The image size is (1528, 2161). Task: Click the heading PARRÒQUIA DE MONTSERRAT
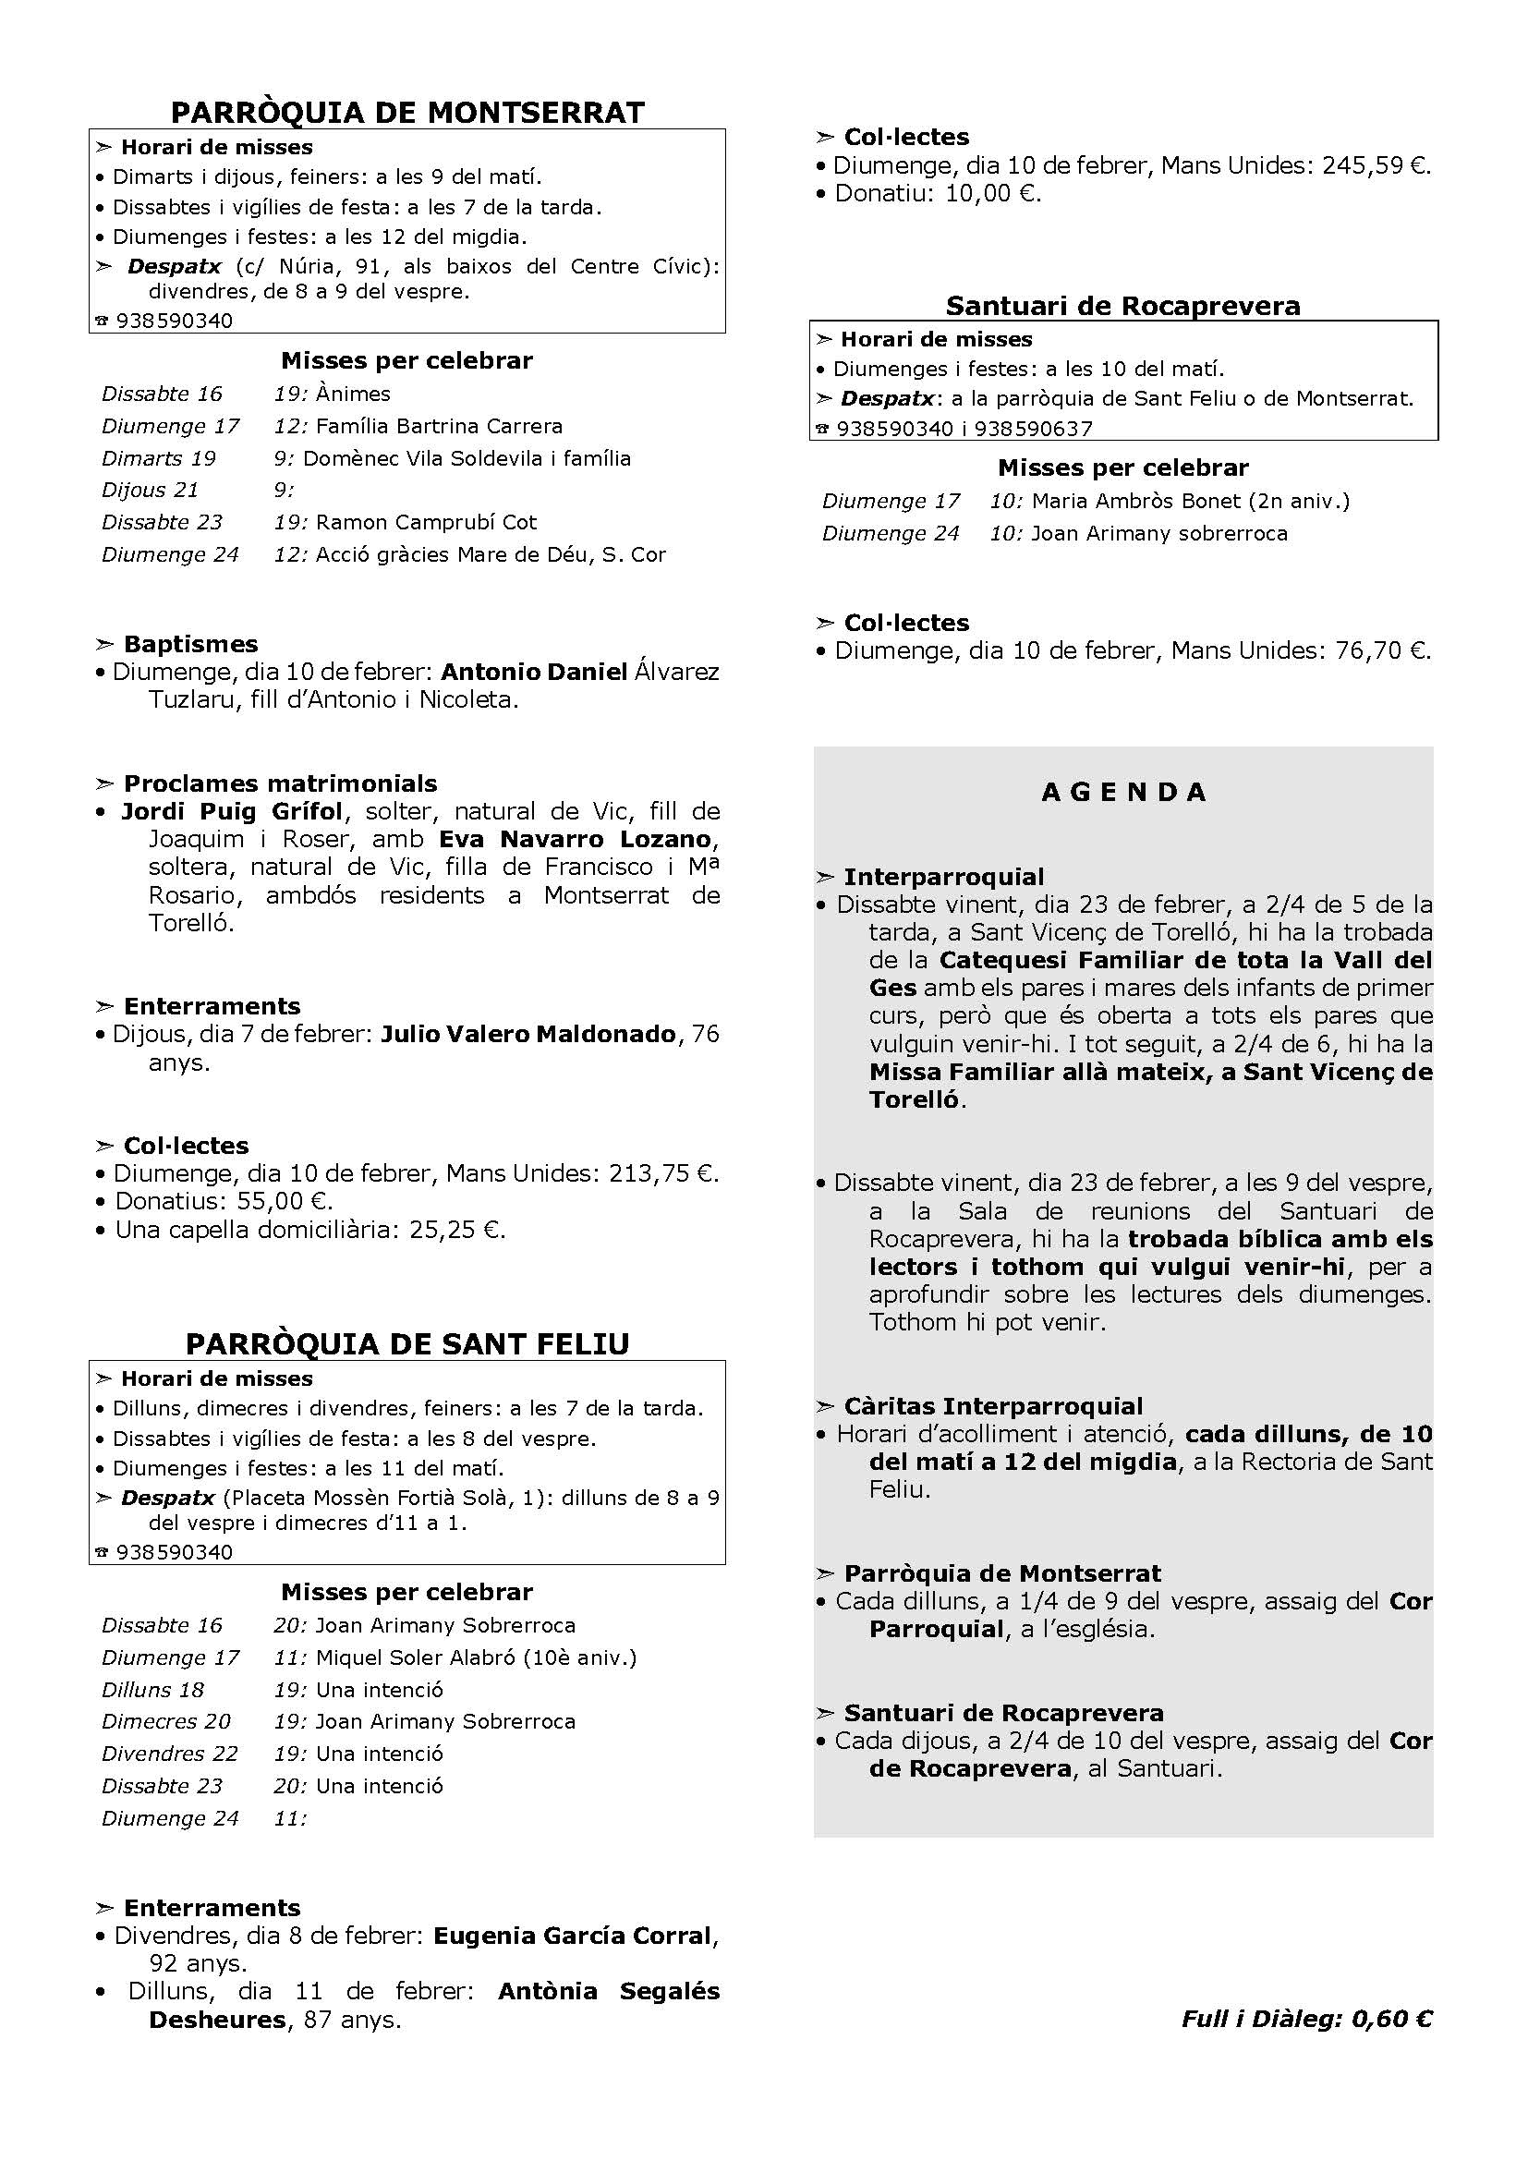(407, 113)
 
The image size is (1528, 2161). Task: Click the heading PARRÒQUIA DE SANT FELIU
(407, 1343)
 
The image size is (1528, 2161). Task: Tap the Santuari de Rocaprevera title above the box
(1122, 306)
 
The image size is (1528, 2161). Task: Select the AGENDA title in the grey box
(1123, 793)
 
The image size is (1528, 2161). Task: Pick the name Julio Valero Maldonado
(528, 1035)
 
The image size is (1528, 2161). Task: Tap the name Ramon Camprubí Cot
(426, 522)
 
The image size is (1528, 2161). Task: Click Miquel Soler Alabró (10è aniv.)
(476, 1657)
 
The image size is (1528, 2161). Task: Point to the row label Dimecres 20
(166, 1721)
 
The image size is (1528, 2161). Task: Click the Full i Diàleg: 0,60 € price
(1307, 2018)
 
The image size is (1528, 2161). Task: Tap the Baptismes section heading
(190, 645)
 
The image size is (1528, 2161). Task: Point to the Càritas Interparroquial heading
(992, 1406)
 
